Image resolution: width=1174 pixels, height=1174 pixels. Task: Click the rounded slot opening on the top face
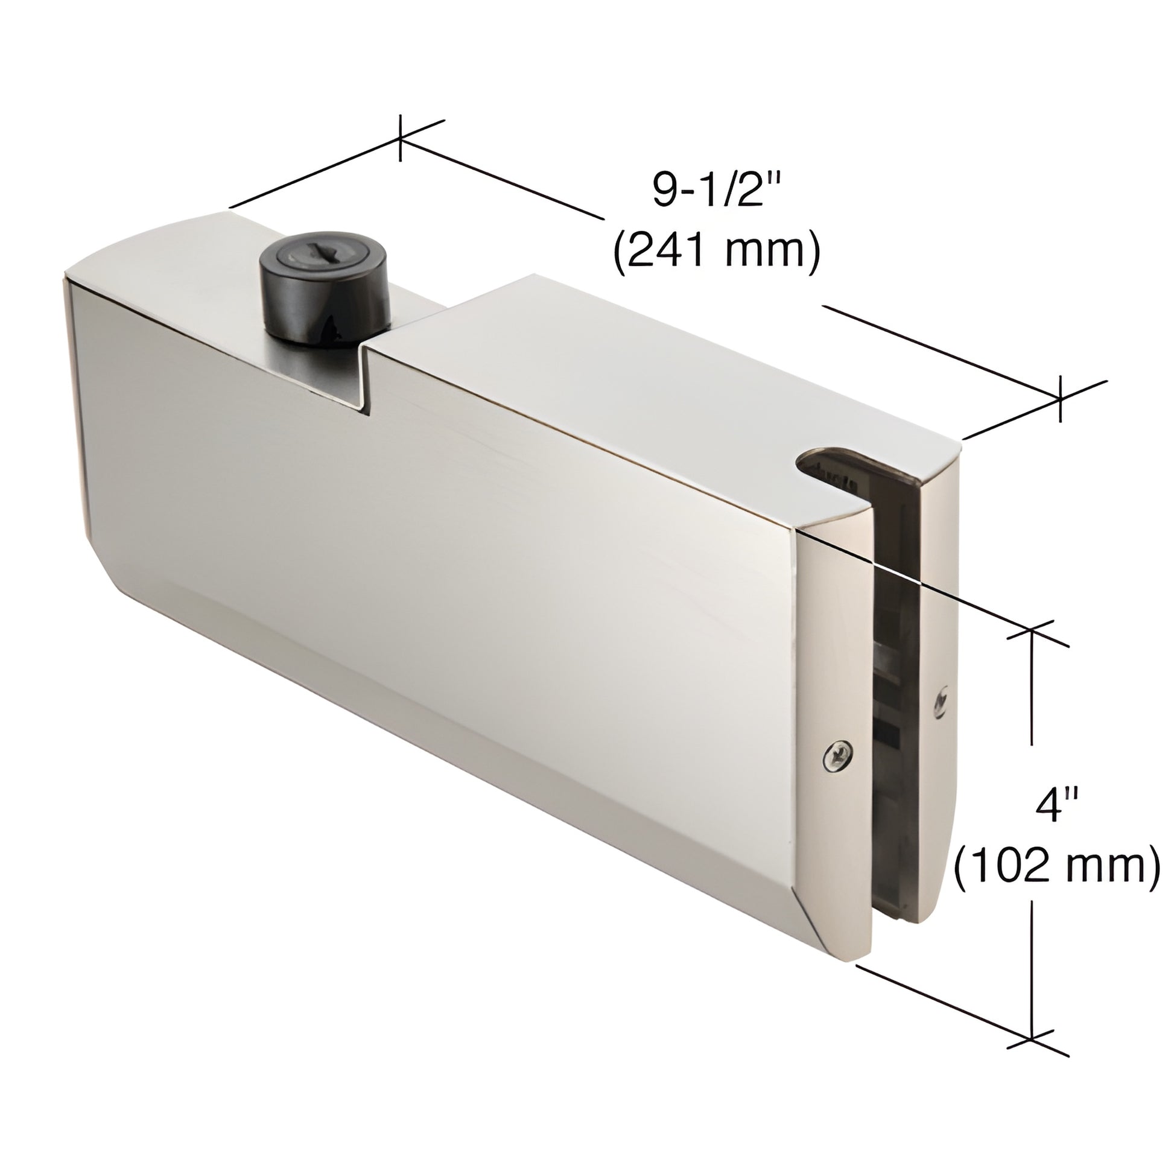click(x=833, y=465)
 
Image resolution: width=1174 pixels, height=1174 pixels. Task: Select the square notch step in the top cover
click(x=364, y=380)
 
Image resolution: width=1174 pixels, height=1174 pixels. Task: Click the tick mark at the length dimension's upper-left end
click(x=400, y=139)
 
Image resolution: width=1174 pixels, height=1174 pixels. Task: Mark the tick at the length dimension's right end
click(x=1061, y=398)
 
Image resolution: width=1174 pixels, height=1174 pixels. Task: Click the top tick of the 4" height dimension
click(x=1031, y=632)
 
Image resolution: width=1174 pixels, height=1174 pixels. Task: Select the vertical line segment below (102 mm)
click(x=1031, y=960)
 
